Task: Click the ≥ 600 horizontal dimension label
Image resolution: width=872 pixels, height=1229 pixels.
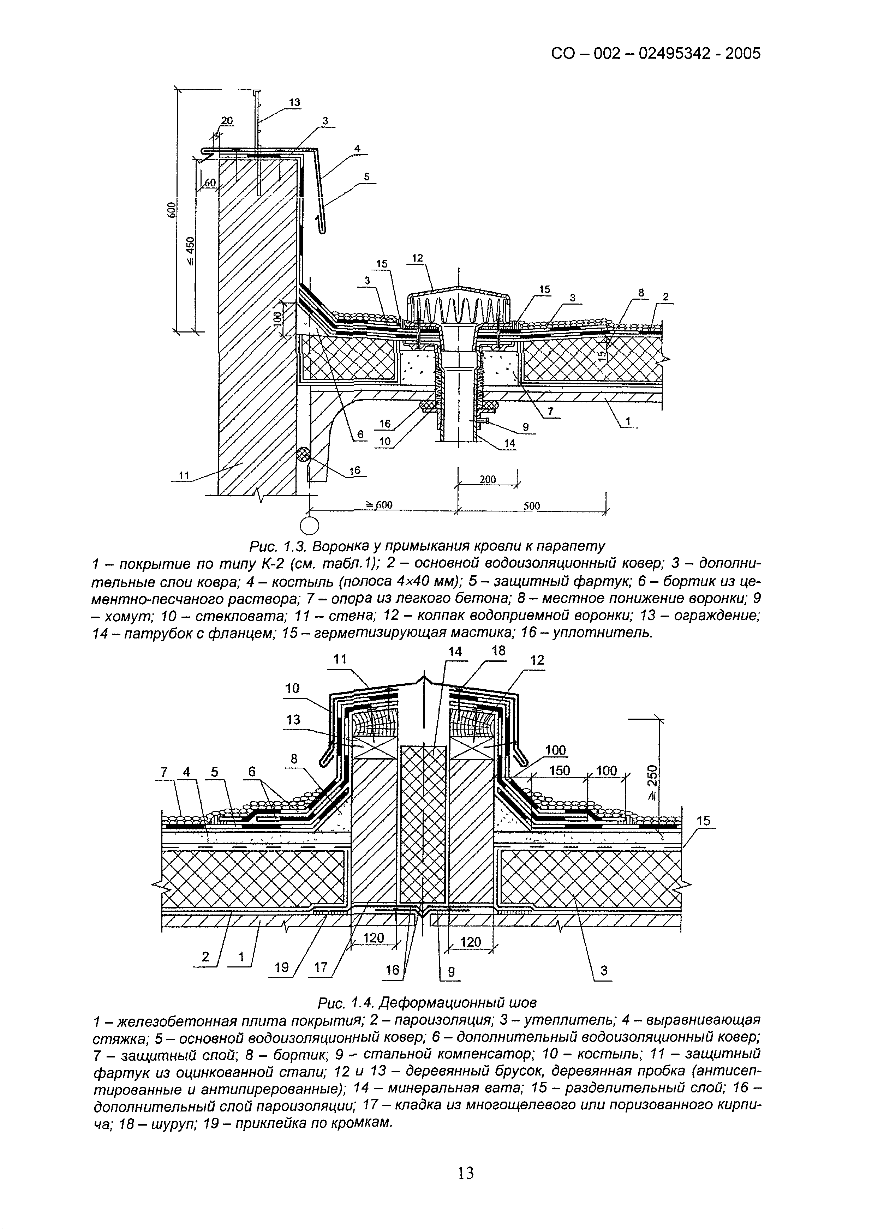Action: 379,505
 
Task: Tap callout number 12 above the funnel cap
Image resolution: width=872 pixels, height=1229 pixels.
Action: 417,258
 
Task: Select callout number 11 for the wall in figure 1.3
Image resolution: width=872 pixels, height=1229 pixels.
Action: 184,475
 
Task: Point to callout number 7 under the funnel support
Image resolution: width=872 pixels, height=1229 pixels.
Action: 550,412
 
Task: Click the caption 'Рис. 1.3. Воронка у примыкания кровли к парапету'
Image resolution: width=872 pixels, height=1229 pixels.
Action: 427,546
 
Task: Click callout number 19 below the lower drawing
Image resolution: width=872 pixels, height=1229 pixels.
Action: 281,968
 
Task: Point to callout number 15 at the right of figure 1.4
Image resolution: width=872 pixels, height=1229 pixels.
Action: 703,821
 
